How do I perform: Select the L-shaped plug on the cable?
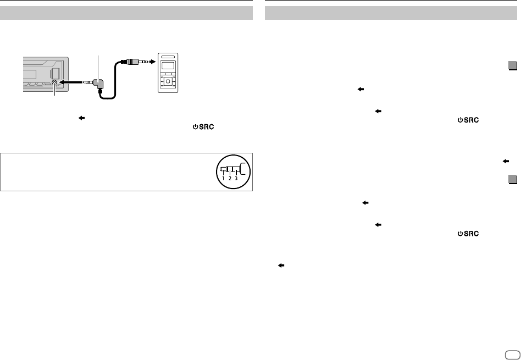pos(98,84)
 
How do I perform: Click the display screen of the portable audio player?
pos(168,68)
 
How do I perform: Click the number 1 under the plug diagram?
pos(223,179)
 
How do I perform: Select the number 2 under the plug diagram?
pos(230,179)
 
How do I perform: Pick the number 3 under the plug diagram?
pos(236,179)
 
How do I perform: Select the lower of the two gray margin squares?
pos(512,180)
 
